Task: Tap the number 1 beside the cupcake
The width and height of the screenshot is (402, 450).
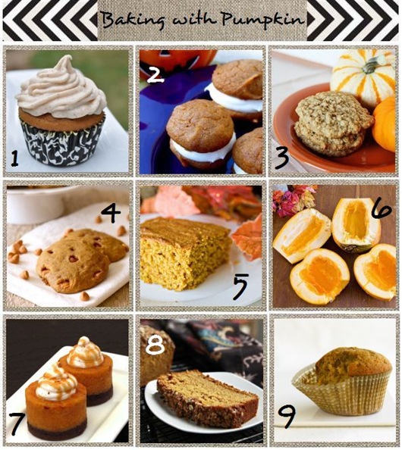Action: coord(14,159)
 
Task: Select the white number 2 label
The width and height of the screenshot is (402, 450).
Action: coord(155,73)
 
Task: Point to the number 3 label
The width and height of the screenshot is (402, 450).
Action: coord(282,158)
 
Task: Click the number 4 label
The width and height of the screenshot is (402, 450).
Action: coord(111,214)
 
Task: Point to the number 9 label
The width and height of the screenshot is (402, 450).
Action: coord(287,416)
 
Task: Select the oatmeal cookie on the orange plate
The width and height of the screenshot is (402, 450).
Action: coord(333,124)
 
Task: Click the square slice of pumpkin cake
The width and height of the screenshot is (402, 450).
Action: coord(186,253)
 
